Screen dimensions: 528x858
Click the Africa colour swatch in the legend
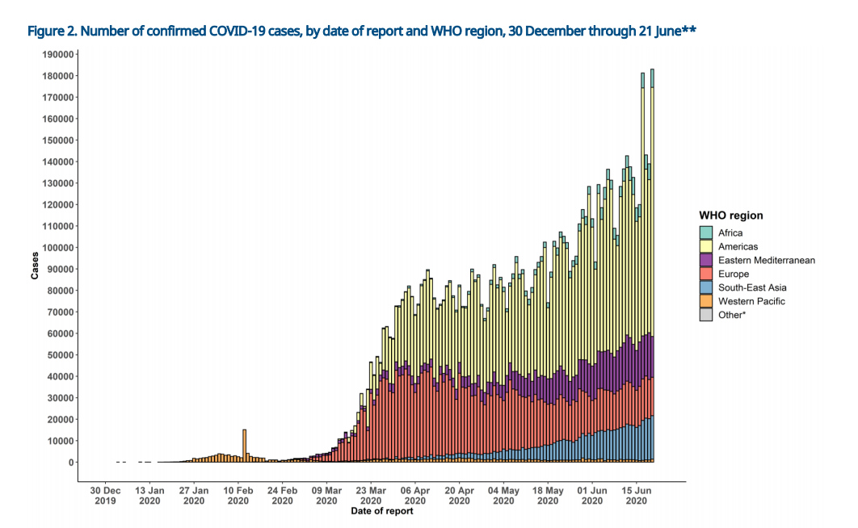click(706, 233)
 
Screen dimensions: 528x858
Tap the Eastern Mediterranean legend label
click(767, 260)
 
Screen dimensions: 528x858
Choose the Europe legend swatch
click(706, 274)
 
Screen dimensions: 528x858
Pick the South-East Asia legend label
click(752, 287)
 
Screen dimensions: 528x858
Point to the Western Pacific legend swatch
click(706, 301)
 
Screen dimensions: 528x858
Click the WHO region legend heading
click(731, 216)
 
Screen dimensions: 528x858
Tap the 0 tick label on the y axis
click(71, 463)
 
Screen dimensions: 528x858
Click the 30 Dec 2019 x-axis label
click(106, 495)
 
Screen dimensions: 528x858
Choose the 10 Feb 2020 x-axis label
click(238, 495)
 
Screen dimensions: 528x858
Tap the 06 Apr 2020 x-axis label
click(415, 495)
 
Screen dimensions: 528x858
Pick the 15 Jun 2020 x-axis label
click(637, 495)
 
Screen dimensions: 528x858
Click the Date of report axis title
click(381, 511)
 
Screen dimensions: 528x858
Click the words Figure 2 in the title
click(53, 31)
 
